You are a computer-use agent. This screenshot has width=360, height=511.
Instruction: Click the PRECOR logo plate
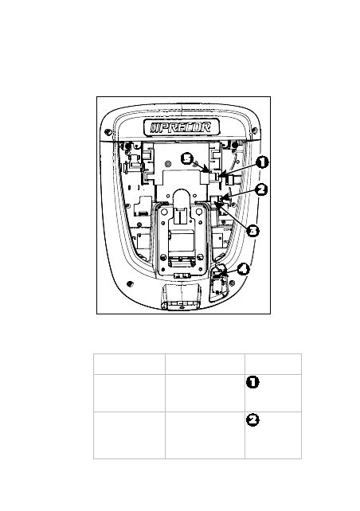click(x=182, y=127)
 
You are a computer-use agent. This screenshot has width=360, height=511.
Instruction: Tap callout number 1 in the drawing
click(x=262, y=162)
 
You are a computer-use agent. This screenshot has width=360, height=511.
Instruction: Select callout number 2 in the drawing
click(x=261, y=189)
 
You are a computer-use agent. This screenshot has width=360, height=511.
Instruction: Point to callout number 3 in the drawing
click(x=252, y=231)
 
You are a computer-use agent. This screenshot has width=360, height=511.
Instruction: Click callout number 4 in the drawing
click(x=243, y=270)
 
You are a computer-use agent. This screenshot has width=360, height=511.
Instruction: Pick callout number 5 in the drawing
click(x=187, y=159)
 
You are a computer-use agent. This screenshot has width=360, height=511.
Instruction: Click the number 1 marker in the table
click(x=252, y=382)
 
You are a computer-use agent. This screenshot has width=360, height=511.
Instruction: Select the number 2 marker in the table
click(x=252, y=420)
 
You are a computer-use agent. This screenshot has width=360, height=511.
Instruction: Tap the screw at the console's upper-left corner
click(x=108, y=132)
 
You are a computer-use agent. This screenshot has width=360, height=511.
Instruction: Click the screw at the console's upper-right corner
click(x=255, y=131)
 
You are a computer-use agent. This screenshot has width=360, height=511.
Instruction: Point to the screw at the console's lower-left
click(x=130, y=284)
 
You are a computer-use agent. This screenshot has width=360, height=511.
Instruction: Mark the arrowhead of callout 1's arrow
click(x=221, y=177)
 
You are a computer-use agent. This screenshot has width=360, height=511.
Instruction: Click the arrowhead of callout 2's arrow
click(x=222, y=198)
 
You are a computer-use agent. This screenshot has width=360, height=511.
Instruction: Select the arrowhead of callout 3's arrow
click(x=216, y=203)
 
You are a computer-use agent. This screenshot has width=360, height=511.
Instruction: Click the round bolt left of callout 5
click(x=168, y=163)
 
